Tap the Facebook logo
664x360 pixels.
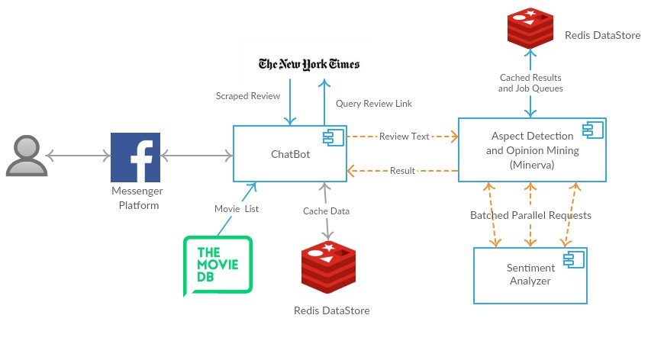click(136, 157)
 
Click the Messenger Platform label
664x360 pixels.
click(137, 198)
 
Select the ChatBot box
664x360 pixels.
click(290, 154)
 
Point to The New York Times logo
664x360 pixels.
click(309, 64)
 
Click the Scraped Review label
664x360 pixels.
click(248, 96)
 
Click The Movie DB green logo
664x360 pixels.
click(218, 265)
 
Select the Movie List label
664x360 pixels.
click(237, 209)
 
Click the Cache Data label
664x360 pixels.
click(327, 211)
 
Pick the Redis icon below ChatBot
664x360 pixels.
click(329, 268)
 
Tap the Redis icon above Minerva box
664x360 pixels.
click(530, 28)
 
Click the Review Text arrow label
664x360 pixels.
click(404, 137)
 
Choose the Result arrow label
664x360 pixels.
click(402, 171)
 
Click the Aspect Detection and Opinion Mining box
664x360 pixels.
click(532, 150)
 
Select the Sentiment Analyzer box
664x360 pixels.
click(530, 275)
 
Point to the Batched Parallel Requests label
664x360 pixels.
click(530, 215)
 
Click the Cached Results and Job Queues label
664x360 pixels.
click(530, 83)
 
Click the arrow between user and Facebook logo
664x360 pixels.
click(78, 156)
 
